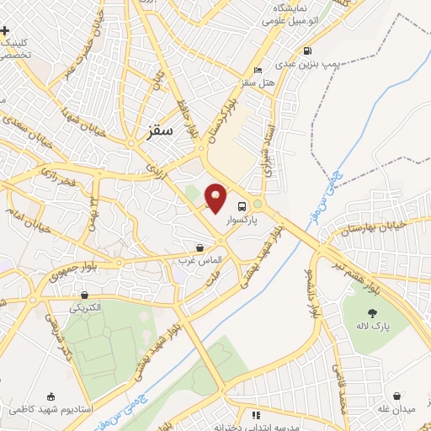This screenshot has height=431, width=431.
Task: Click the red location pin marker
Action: [x=215, y=198]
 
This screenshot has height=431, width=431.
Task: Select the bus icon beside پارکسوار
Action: [x=242, y=206]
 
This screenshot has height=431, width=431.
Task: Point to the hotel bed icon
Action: [x=258, y=70]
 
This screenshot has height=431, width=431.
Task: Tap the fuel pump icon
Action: [x=307, y=50]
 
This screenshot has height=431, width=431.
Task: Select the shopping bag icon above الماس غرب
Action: [x=200, y=247]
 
